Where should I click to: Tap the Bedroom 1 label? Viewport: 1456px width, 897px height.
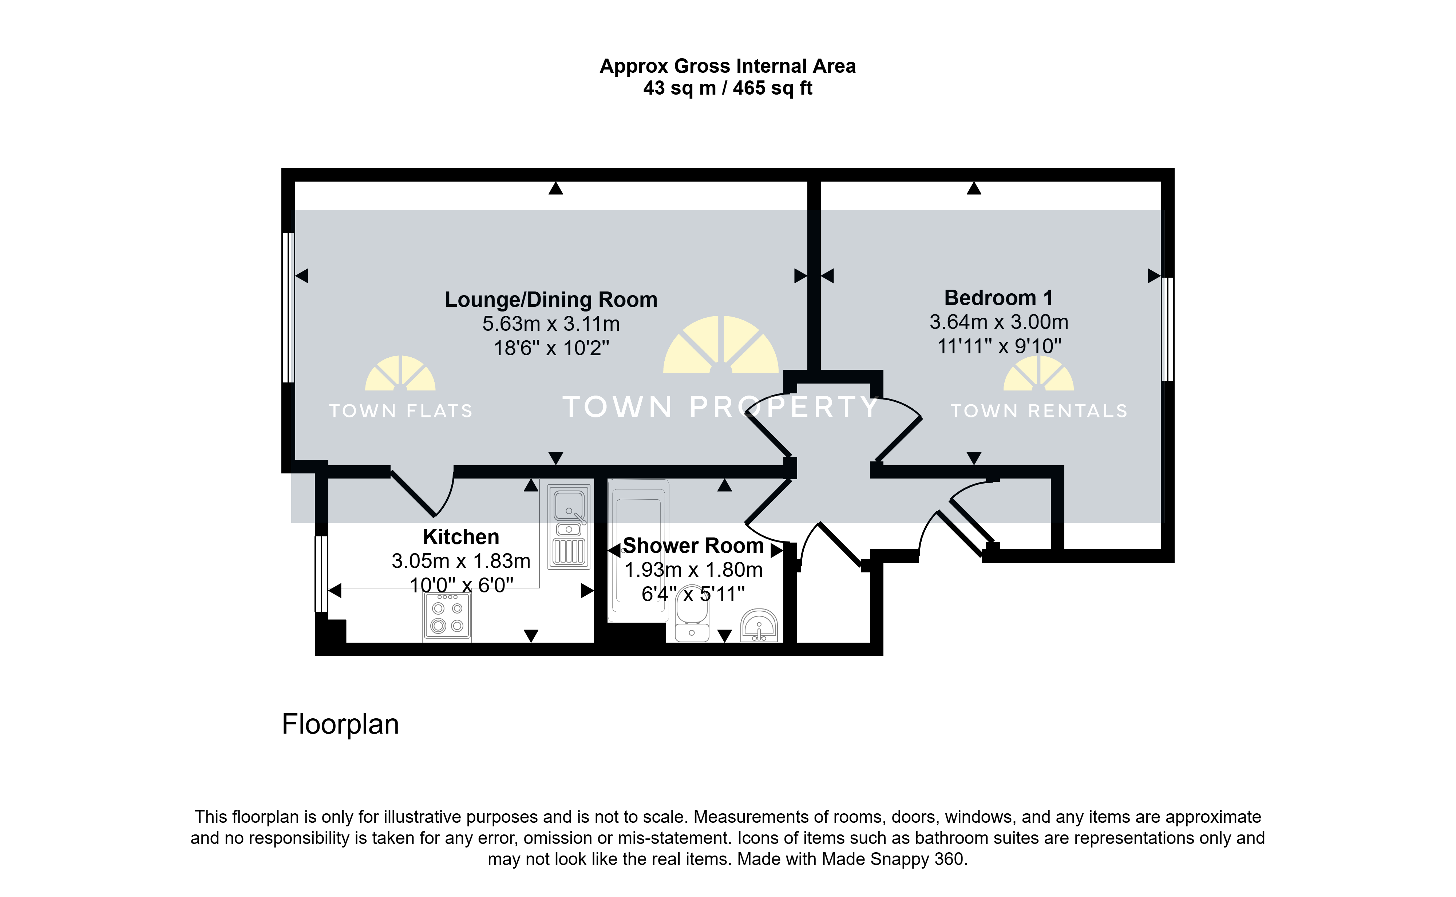click(x=998, y=298)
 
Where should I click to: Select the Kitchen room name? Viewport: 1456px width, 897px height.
click(x=461, y=537)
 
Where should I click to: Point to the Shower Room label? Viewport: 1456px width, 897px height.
click(x=693, y=546)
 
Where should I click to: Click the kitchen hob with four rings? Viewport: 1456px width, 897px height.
click(x=447, y=617)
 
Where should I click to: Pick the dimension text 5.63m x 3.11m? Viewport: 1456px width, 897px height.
click(x=551, y=324)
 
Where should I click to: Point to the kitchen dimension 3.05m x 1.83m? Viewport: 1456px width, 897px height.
click(x=461, y=561)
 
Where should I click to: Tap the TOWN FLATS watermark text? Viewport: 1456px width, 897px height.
click(x=401, y=411)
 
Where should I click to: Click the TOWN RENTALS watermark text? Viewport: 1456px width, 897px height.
click(x=1039, y=411)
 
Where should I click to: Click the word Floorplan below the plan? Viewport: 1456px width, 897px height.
click(x=340, y=725)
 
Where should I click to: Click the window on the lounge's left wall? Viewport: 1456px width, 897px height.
click(x=288, y=307)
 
